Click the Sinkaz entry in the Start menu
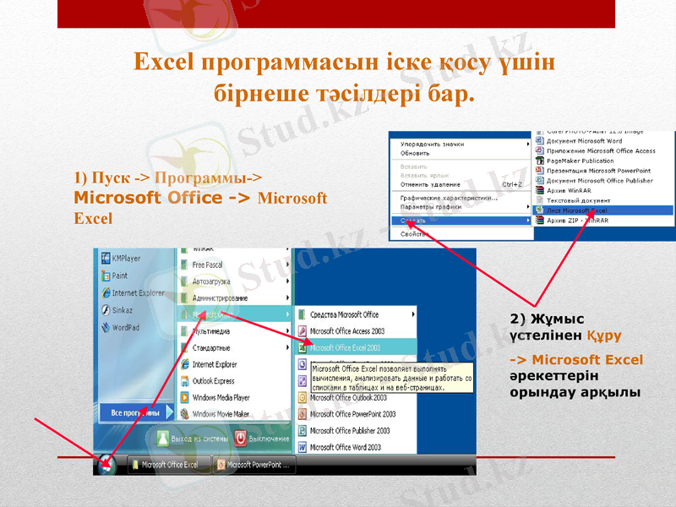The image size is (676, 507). point(123,310)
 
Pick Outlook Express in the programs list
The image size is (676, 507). point(212,381)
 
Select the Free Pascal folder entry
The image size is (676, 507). point(207,264)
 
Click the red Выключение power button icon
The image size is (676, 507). point(241,439)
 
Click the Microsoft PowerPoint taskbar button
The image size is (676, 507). point(253,465)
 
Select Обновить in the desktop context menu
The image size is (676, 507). point(415,153)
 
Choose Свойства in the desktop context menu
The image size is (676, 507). point(415,234)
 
